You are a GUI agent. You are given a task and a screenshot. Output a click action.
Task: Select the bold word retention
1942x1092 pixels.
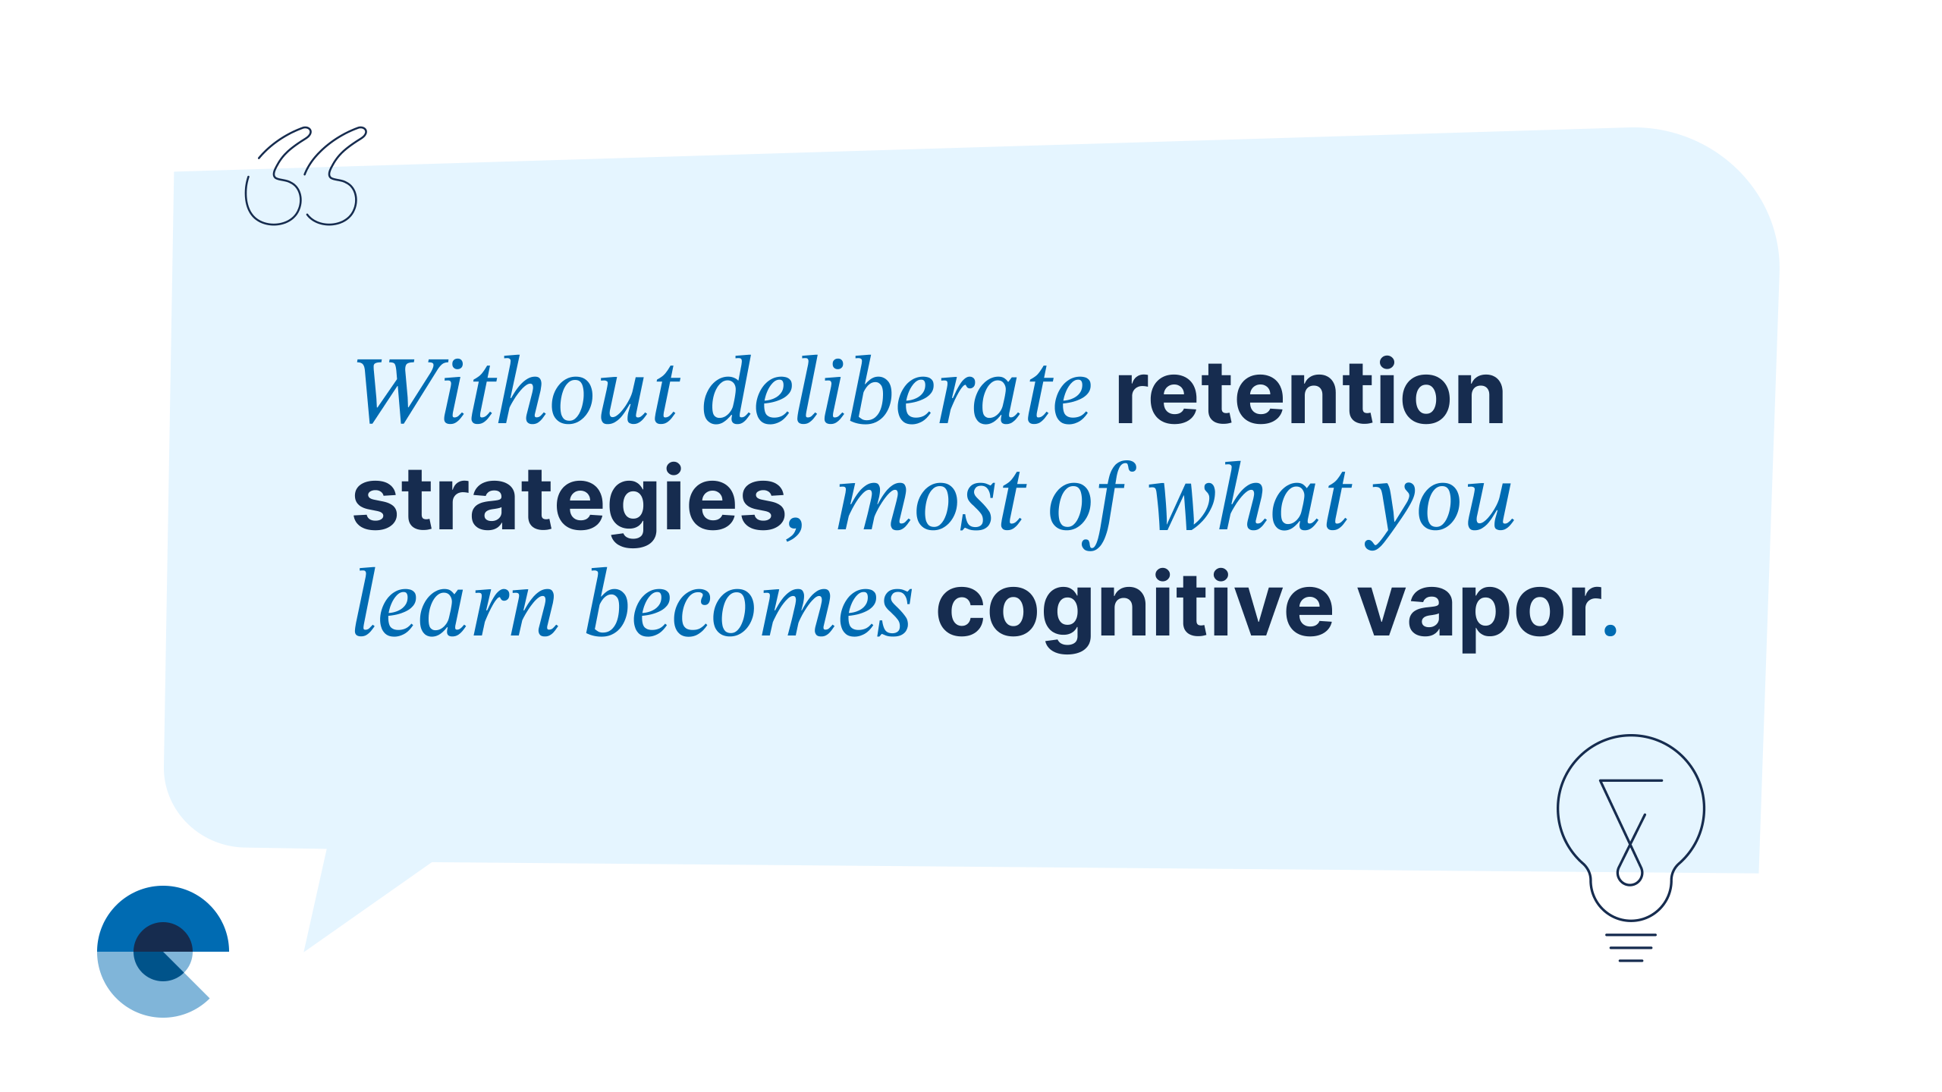(x=1310, y=392)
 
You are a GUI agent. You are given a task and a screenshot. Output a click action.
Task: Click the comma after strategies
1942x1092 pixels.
(x=795, y=526)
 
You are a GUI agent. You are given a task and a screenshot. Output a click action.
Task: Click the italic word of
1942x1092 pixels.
(x=1092, y=504)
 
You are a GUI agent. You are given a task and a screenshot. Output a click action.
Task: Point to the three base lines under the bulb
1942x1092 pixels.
(x=1631, y=948)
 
